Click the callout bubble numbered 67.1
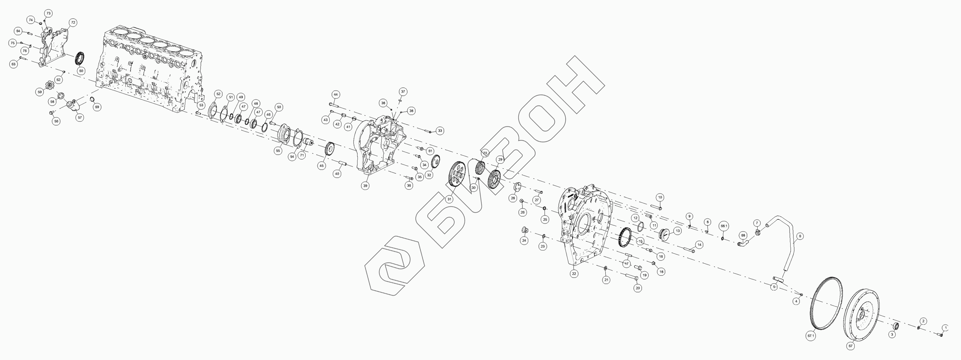click(x=811, y=346)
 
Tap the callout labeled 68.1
click(x=724, y=226)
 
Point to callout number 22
click(x=574, y=274)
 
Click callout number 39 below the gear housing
click(x=365, y=185)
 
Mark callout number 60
click(x=81, y=70)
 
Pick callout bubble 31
click(x=449, y=199)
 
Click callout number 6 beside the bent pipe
click(x=800, y=236)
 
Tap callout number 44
click(x=335, y=94)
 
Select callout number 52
click(x=218, y=94)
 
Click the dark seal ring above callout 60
click(x=80, y=57)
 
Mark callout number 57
click(x=79, y=118)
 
